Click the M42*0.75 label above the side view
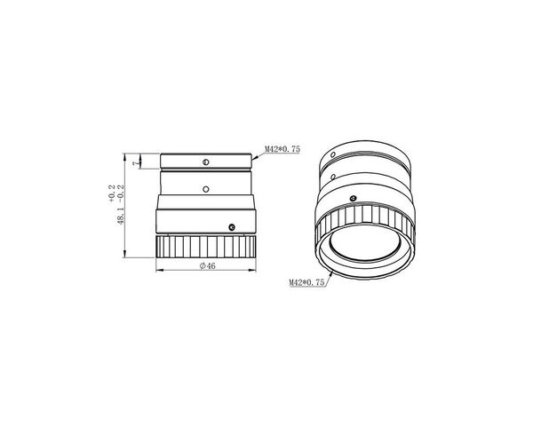[x=282, y=149]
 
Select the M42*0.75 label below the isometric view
[x=306, y=282]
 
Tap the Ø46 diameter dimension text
[x=207, y=265]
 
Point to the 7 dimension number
[x=137, y=163]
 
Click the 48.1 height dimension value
[x=122, y=217]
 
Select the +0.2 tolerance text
[x=112, y=194]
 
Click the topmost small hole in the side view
[x=205, y=162]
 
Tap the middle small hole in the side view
[x=205, y=189]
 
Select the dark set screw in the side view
[x=232, y=227]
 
